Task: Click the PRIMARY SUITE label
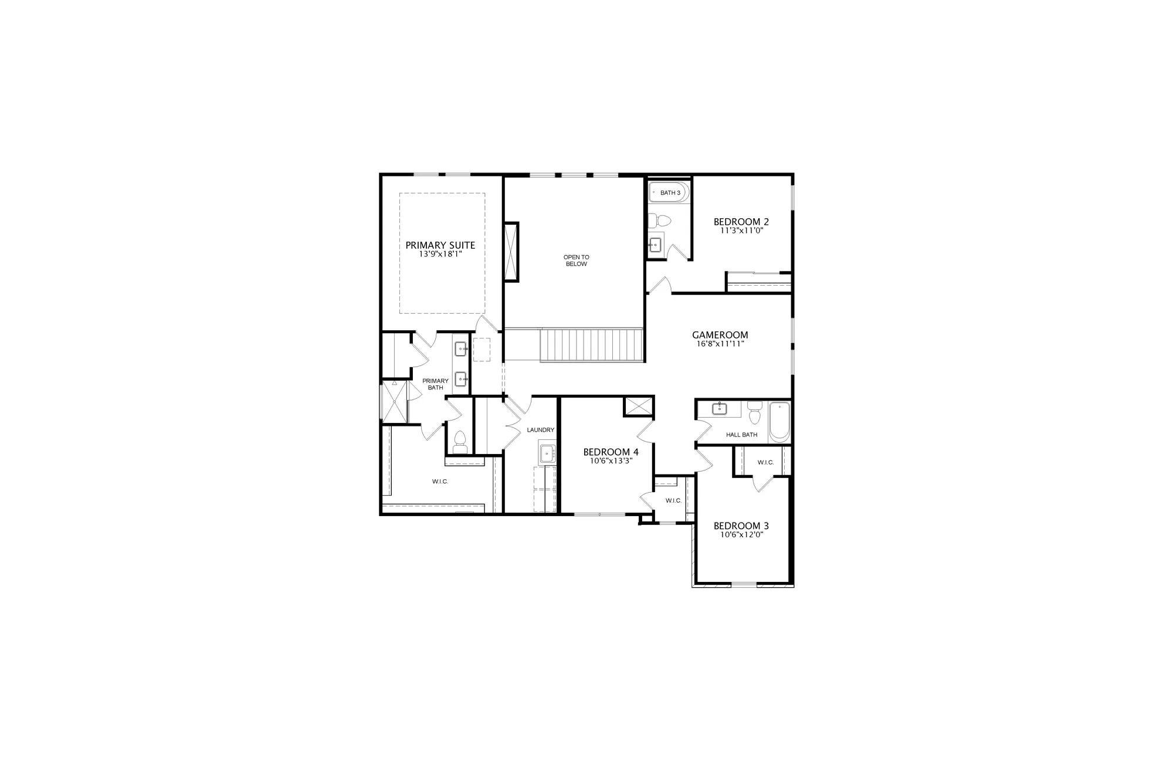pos(440,245)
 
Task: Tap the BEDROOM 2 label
pos(741,222)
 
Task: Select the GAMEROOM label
pos(720,336)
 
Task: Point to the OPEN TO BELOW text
pos(576,260)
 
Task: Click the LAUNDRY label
pos(540,430)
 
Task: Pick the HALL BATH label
pos(741,435)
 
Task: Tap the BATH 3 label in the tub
pos(670,193)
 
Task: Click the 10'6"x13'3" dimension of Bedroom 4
pos(611,461)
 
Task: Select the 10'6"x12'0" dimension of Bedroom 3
pos(741,535)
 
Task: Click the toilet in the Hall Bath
pos(754,412)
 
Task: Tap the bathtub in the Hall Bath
pos(779,422)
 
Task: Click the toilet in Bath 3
pos(661,221)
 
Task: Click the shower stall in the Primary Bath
pos(394,402)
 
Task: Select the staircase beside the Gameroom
pos(591,345)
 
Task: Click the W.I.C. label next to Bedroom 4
pos(673,500)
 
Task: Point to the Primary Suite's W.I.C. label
pos(440,482)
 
